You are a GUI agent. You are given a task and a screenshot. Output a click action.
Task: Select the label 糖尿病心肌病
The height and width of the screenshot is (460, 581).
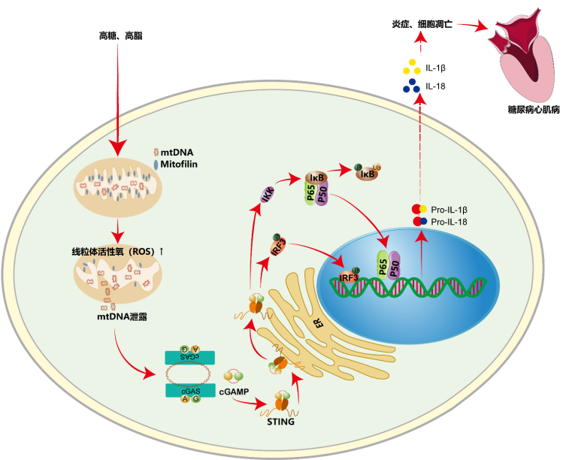coord(534,110)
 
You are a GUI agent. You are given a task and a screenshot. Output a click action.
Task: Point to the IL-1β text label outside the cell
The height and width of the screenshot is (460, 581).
coord(436,68)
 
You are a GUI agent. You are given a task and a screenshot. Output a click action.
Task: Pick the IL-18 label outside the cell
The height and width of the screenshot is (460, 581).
coord(435,86)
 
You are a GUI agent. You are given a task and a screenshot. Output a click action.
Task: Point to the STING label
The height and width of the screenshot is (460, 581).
coord(281,422)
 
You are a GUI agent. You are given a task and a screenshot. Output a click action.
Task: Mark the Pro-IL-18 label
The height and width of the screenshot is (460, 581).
coord(455,222)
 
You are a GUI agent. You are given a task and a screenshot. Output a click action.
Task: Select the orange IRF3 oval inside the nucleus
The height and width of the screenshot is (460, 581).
coord(350,277)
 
